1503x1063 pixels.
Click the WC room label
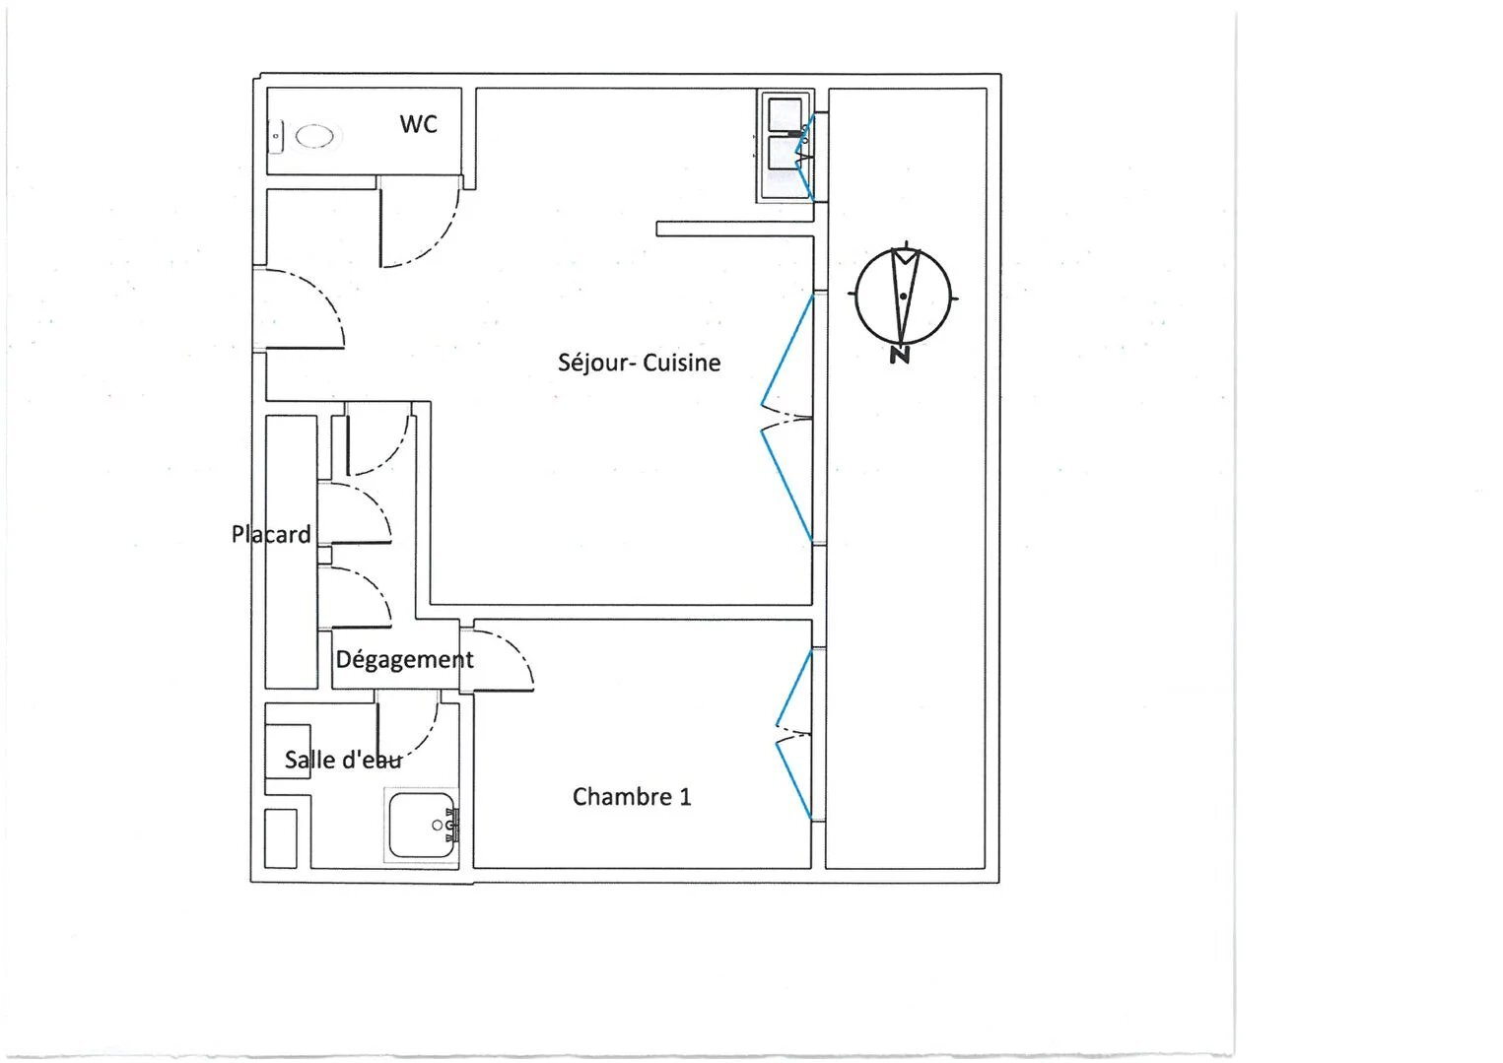point(418,124)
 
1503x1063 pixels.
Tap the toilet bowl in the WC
point(314,136)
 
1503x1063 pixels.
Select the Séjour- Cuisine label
point(639,363)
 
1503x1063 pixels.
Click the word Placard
point(271,534)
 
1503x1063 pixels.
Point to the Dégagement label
point(404,659)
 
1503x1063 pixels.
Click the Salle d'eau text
point(342,760)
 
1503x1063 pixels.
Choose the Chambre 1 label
point(632,796)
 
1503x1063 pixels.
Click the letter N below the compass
point(899,356)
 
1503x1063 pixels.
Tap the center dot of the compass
point(903,296)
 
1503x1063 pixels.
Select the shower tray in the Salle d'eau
point(421,826)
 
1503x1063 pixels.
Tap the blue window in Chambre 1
point(792,734)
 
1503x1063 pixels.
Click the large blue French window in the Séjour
point(786,419)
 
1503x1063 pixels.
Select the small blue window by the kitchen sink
point(805,156)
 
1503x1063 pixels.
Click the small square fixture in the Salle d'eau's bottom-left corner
point(281,838)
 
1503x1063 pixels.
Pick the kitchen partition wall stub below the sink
point(734,230)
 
